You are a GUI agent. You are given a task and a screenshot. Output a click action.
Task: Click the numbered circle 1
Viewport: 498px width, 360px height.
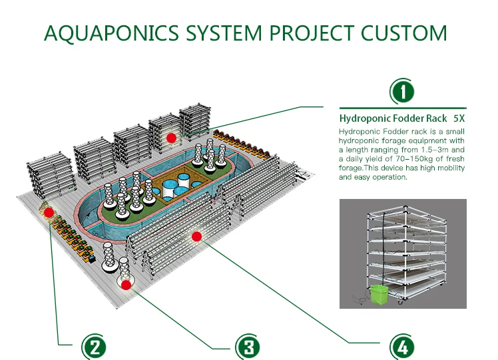[402, 90]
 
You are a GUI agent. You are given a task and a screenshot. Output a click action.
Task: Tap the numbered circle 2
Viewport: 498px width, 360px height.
[94, 346]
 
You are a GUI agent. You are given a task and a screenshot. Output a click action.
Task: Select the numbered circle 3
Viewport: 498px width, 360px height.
[247, 346]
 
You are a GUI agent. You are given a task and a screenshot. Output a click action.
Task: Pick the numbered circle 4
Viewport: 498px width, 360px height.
[401, 346]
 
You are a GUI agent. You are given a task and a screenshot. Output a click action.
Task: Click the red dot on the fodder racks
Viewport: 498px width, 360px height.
[171, 138]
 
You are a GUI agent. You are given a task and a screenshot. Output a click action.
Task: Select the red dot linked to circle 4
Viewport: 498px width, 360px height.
[196, 236]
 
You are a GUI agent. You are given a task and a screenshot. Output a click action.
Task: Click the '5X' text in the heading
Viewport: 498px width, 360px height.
[459, 118]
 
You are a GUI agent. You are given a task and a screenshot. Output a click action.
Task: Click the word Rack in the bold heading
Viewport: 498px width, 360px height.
[435, 118]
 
